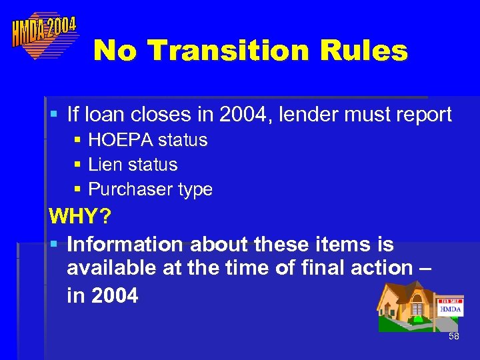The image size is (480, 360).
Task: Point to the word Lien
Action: (105, 165)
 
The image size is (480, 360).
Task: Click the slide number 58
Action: (454, 337)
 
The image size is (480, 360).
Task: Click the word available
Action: (109, 268)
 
